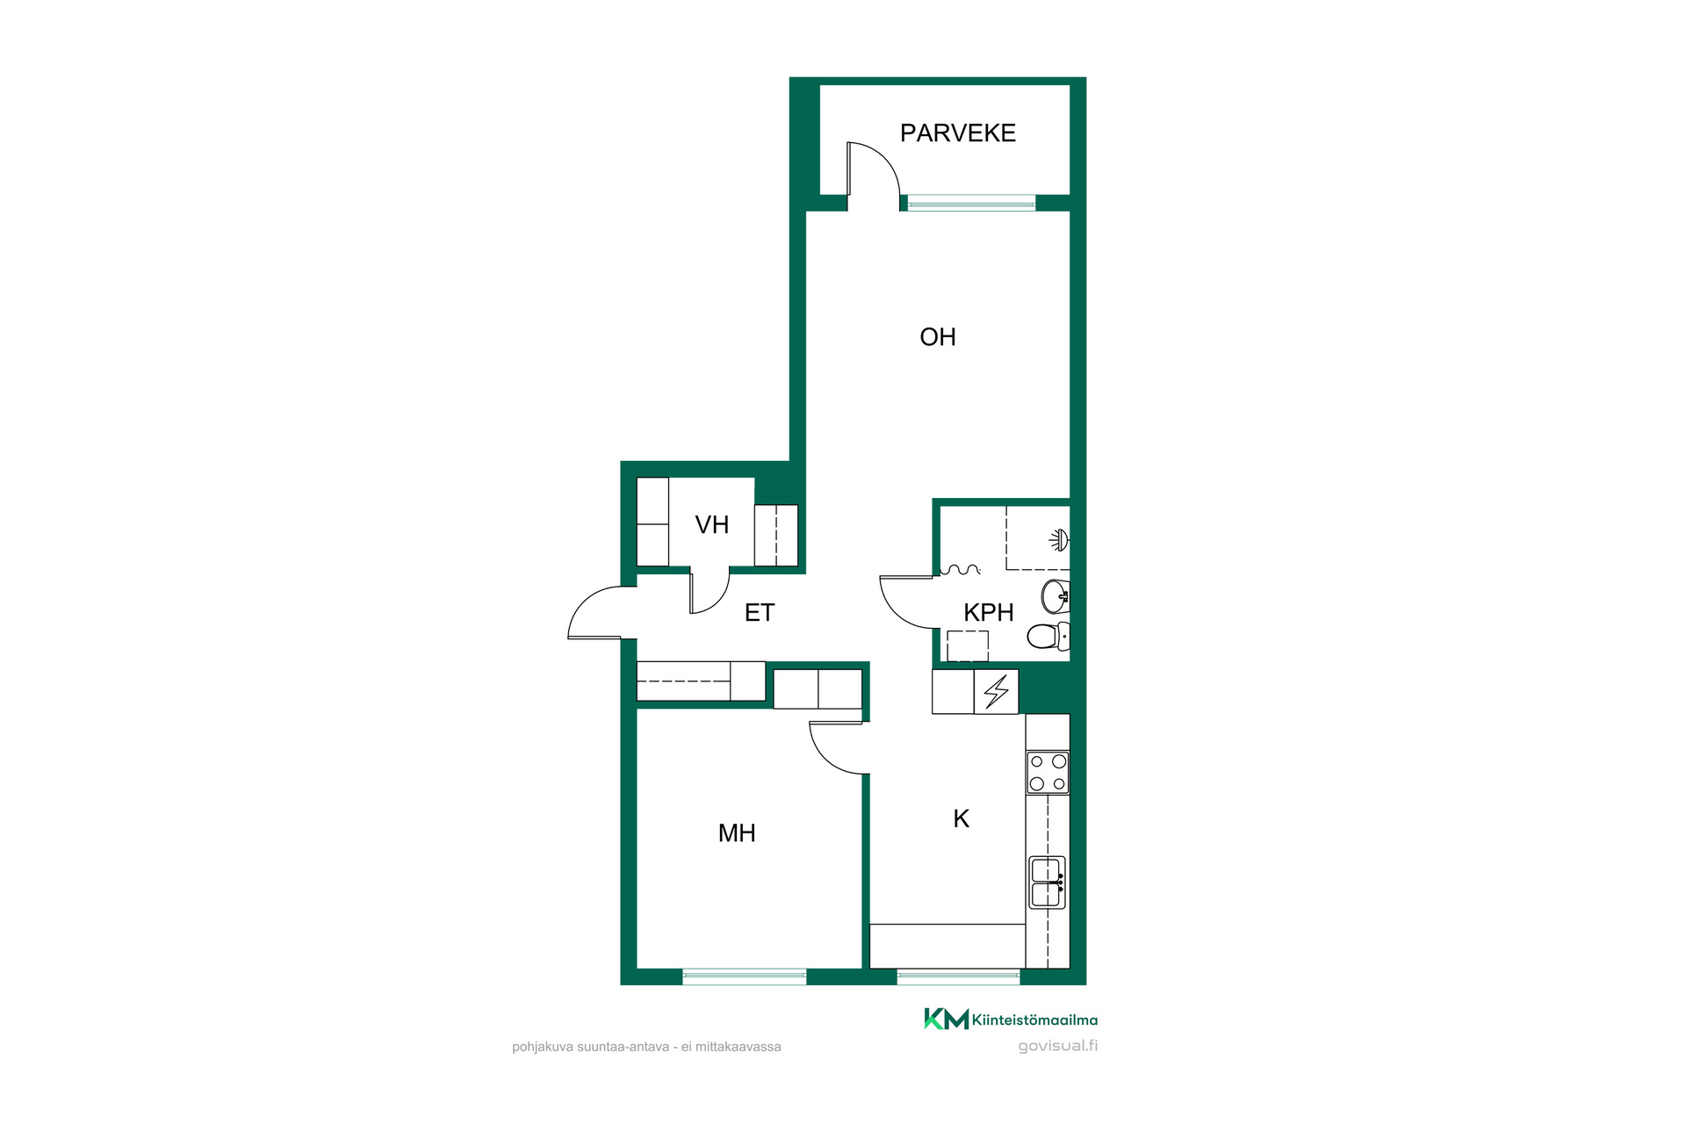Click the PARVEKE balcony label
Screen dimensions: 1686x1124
coord(957,133)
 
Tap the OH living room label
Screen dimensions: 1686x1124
coord(937,336)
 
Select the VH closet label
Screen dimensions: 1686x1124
coord(711,524)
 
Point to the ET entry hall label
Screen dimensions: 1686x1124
coord(759,612)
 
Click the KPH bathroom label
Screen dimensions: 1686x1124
coord(988,612)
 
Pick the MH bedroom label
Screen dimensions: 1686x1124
coord(736,832)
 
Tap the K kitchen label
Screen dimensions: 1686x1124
coord(961,818)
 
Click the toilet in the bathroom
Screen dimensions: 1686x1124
coord(1048,636)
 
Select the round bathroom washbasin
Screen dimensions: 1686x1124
coord(1055,596)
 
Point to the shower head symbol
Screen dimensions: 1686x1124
coord(1060,539)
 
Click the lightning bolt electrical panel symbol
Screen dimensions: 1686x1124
coord(996,691)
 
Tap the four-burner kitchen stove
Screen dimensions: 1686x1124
coord(1048,773)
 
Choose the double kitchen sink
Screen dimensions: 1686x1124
coord(1047,883)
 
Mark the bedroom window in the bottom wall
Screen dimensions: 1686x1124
coord(745,976)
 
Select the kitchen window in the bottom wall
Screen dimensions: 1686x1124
coord(958,976)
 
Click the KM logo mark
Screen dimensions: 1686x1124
coord(946,1019)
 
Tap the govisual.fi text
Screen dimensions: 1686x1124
coord(1057,1046)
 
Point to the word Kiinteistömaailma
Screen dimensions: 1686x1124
coord(1034,1020)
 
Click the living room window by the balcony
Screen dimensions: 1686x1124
coord(971,205)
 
